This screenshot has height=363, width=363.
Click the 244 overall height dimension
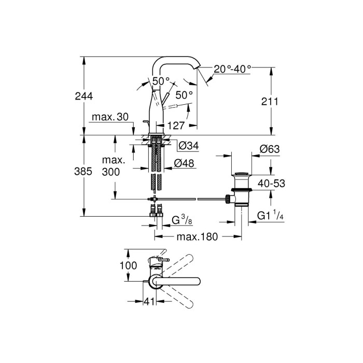coord(83,96)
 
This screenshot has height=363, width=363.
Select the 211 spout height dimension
coord(270,102)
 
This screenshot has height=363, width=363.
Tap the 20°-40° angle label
coord(233,68)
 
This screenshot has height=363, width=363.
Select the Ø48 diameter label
coord(185,163)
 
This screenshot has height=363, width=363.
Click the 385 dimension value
coord(83,172)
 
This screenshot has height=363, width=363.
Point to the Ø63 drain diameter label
coord(270,149)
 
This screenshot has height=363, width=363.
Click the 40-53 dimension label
coord(272,183)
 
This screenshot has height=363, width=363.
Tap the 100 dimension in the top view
coord(129,266)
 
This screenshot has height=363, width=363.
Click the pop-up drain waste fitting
coord(240,190)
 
